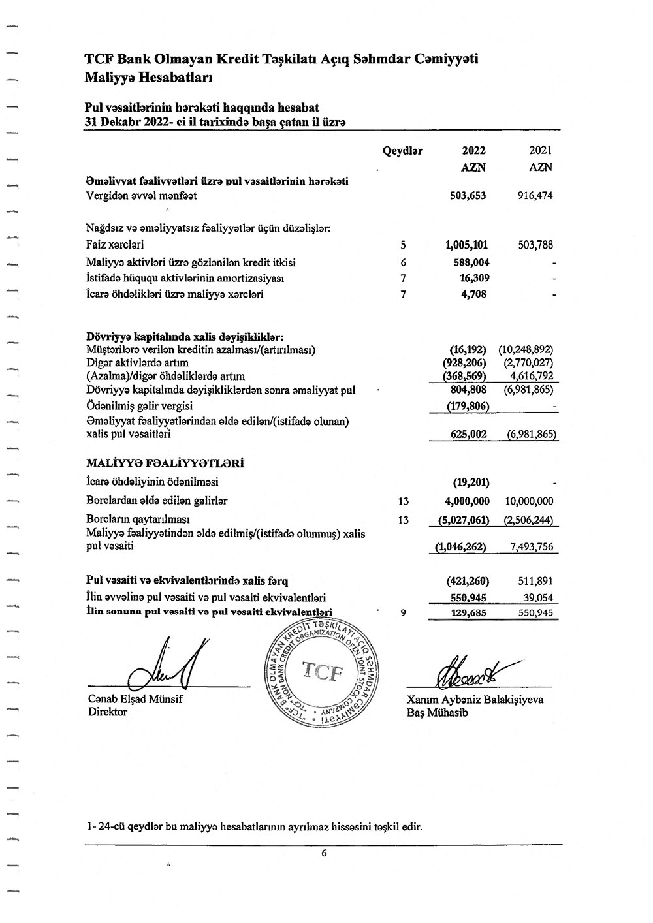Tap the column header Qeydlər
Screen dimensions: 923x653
click(403, 151)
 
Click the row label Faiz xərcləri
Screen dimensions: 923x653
click(115, 245)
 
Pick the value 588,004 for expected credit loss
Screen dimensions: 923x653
click(471, 262)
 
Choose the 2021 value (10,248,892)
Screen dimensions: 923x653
click(526, 350)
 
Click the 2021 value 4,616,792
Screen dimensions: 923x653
click(532, 376)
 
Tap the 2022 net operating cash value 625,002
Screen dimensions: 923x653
click(469, 434)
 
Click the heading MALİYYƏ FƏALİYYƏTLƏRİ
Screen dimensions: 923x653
click(165, 463)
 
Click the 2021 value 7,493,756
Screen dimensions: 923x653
click(530, 546)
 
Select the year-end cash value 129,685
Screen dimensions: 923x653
click(469, 613)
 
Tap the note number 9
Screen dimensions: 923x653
click(403, 613)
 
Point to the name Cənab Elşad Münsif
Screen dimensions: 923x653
click(136, 699)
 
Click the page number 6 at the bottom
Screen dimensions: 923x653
click(324, 852)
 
